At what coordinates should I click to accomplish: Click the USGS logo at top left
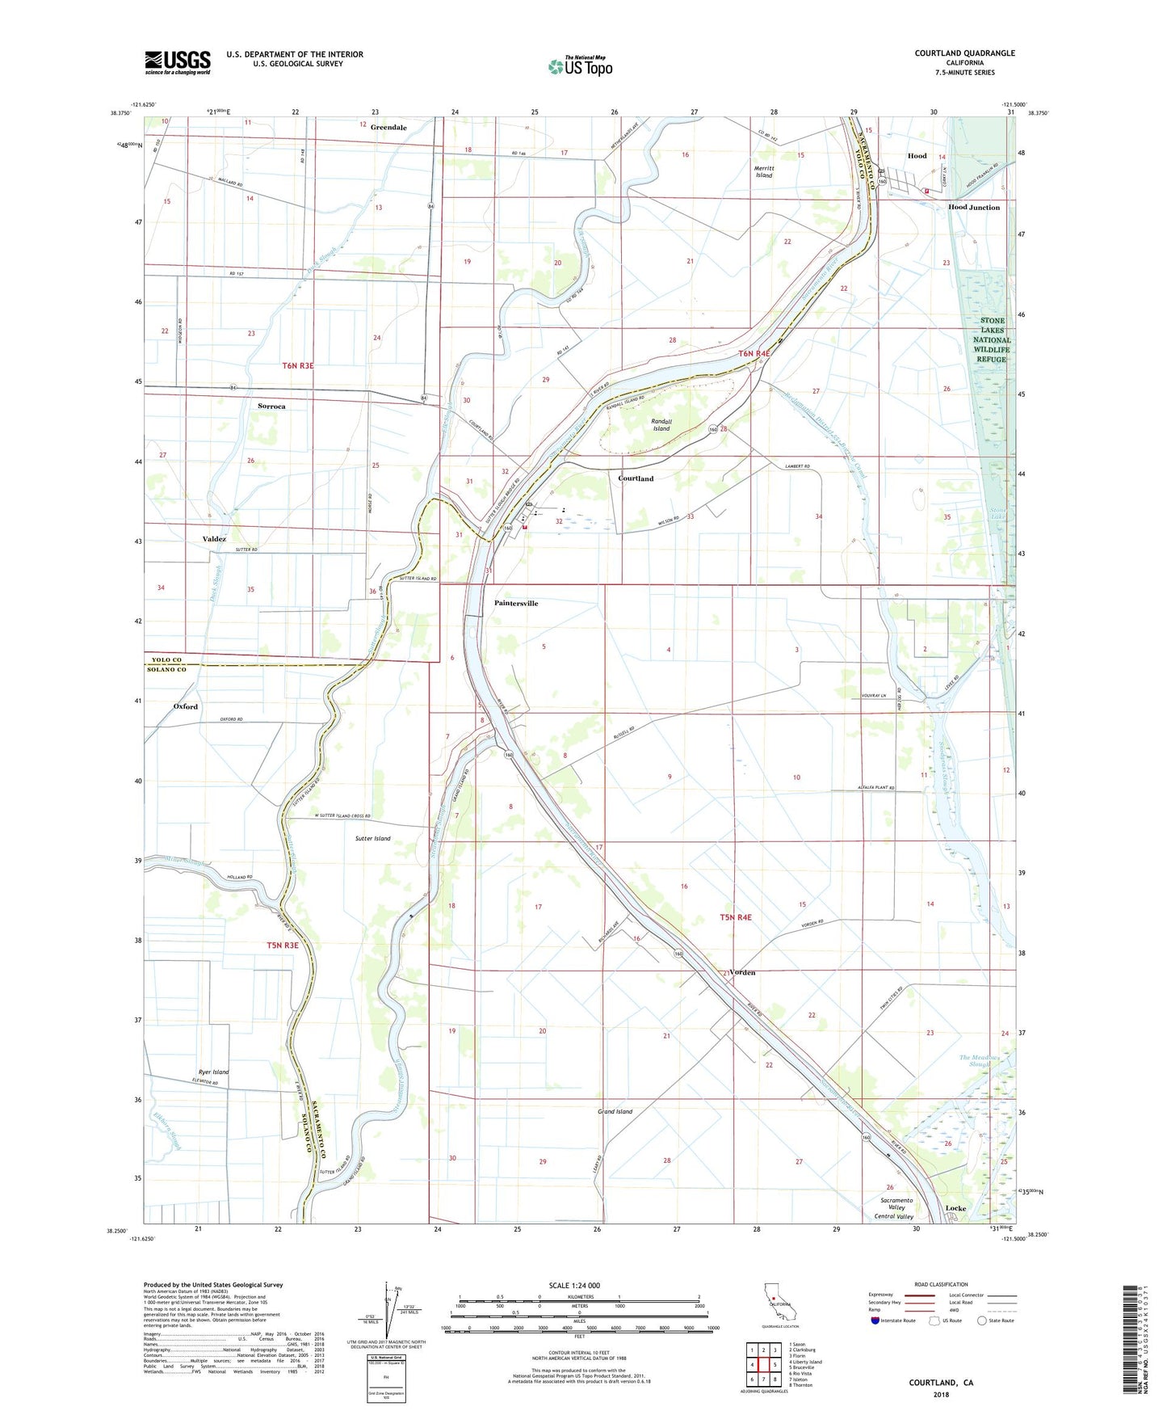point(178,62)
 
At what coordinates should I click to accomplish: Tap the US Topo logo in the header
point(580,66)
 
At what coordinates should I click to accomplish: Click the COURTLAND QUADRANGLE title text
point(964,53)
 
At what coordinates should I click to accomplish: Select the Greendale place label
point(388,128)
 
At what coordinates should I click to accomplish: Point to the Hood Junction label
point(973,208)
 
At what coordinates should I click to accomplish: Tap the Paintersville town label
point(516,604)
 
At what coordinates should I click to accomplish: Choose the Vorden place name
point(741,973)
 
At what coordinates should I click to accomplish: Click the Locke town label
point(955,1208)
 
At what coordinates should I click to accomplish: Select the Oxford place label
point(186,706)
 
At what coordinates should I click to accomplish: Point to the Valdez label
point(214,539)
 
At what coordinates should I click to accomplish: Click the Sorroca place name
point(271,406)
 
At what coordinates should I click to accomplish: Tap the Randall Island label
point(661,425)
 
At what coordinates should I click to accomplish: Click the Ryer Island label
point(213,1072)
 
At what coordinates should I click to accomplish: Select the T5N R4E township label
point(735,917)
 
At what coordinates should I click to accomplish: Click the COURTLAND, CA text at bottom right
point(941,1383)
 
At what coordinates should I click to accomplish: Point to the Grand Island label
point(615,1112)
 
